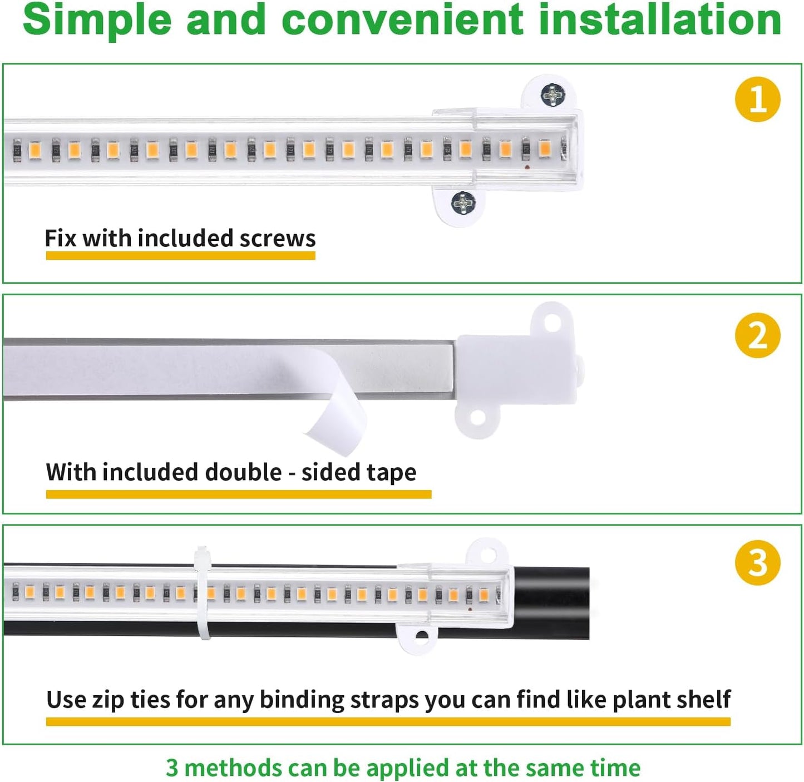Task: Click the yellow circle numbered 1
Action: point(757,100)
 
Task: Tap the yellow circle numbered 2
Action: point(757,336)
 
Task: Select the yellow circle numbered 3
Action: point(757,562)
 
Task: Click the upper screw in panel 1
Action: point(553,95)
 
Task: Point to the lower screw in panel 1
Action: point(463,203)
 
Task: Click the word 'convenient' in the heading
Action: point(403,20)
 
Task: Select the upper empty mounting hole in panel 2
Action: point(552,322)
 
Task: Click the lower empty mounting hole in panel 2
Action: point(477,418)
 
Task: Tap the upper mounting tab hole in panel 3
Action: point(487,555)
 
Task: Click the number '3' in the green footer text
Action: point(172,768)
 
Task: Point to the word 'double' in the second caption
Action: point(243,473)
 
